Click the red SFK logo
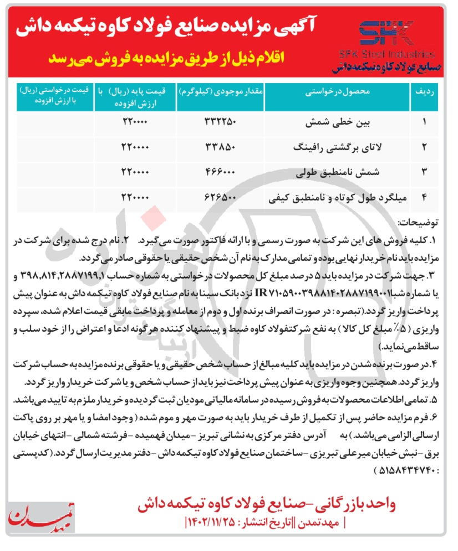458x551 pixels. click(386, 33)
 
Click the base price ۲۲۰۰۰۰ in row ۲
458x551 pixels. click(135, 147)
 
